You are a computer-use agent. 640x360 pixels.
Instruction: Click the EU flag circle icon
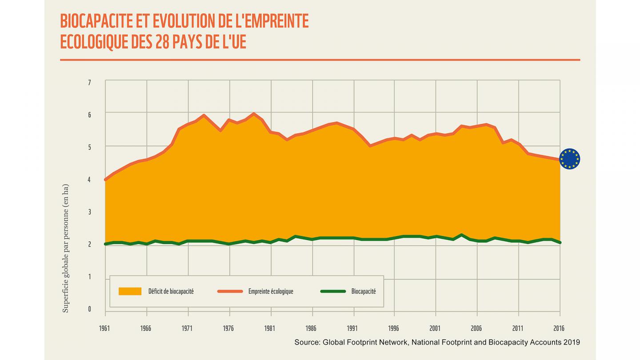(x=569, y=159)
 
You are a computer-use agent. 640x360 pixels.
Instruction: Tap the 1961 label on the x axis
(x=105, y=328)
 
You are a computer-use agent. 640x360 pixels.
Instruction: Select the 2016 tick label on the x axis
(x=559, y=328)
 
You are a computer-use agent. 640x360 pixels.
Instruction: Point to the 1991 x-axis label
(x=352, y=328)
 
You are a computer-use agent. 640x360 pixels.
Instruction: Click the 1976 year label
(x=228, y=328)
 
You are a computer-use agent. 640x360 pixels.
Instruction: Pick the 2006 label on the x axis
(x=476, y=328)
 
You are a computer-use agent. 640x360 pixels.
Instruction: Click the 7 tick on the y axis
(x=89, y=83)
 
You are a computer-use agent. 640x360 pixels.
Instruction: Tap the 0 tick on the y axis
(x=89, y=309)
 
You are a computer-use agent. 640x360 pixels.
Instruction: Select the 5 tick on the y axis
(x=89, y=147)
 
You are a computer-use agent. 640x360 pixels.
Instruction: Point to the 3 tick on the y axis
(x=89, y=212)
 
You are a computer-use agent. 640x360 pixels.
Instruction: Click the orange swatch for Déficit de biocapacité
(x=130, y=292)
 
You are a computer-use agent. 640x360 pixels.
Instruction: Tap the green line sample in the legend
(x=333, y=292)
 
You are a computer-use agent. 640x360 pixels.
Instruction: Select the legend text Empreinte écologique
(x=271, y=292)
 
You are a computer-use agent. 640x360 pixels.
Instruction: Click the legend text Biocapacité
(x=364, y=292)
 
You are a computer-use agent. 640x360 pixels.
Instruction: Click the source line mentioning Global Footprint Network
(x=437, y=342)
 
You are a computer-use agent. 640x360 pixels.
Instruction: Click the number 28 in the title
(x=163, y=42)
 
